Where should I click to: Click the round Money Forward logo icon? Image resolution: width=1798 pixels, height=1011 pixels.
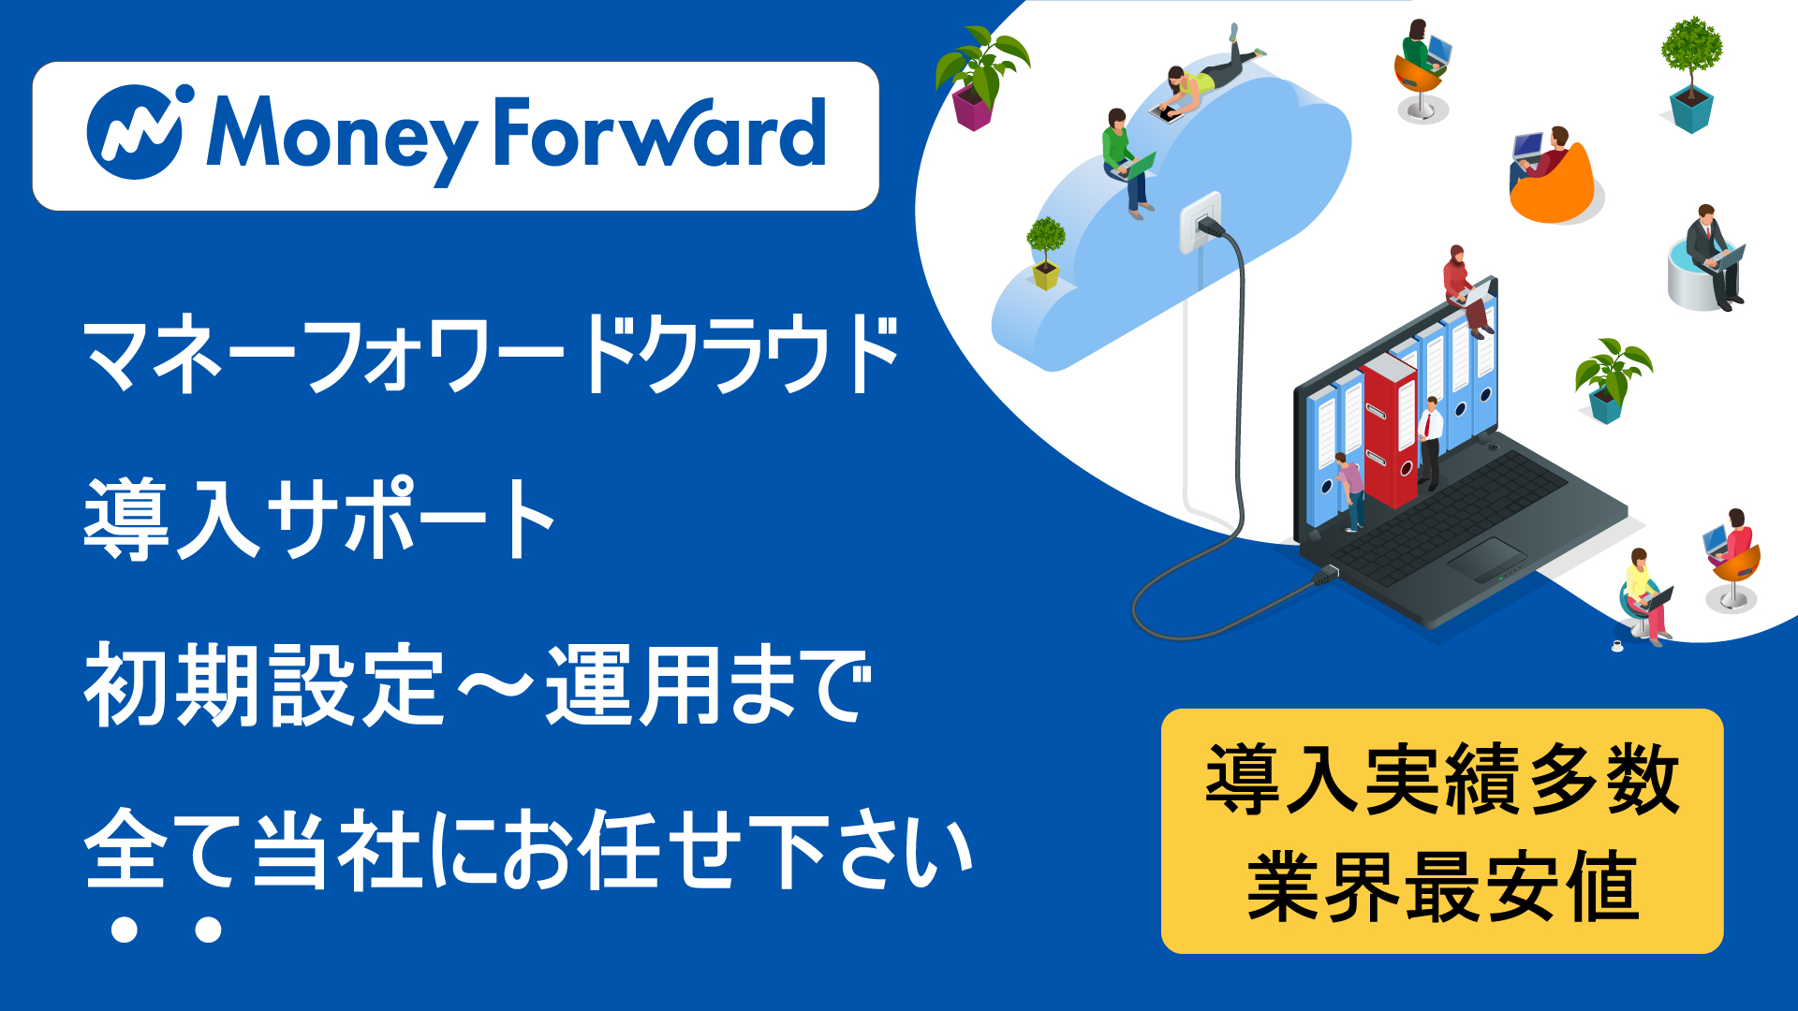(x=137, y=132)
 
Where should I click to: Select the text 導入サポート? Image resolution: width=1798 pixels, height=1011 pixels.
(x=320, y=519)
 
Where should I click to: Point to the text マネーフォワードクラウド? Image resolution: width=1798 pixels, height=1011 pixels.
(x=491, y=356)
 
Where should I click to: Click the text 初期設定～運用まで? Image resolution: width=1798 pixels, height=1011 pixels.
(x=478, y=685)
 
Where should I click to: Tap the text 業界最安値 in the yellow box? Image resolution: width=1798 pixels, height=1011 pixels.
(x=1442, y=886)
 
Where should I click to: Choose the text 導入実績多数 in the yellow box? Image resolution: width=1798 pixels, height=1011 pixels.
(x=1442, y=779)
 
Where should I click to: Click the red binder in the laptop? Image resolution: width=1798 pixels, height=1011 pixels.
(x=1390, y=431)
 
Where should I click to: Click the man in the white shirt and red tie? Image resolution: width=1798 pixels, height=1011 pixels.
(x=1429, y=440)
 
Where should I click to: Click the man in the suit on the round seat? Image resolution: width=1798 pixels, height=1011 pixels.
(x=1712, y=253)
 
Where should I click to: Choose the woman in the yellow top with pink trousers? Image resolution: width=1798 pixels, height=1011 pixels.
(x=1644, y=594)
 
